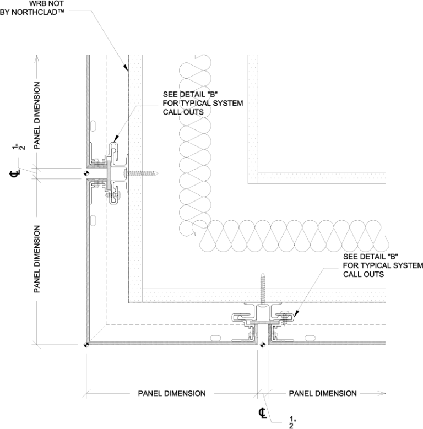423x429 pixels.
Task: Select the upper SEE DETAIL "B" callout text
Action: pyautogui.click(x=187, y=94)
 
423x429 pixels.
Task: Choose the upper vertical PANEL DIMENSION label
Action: pyautogui.click(x=37, y=115)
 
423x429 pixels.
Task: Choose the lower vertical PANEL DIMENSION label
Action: pyautogui.click(x=37, y=258)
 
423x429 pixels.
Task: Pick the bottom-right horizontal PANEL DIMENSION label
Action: pyautogui.click(x=323, y=393)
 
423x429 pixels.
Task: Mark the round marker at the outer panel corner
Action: pyautogui.click(x=86, y=345)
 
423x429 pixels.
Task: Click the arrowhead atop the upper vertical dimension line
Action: pyautogui.click(x=37, y=57)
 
